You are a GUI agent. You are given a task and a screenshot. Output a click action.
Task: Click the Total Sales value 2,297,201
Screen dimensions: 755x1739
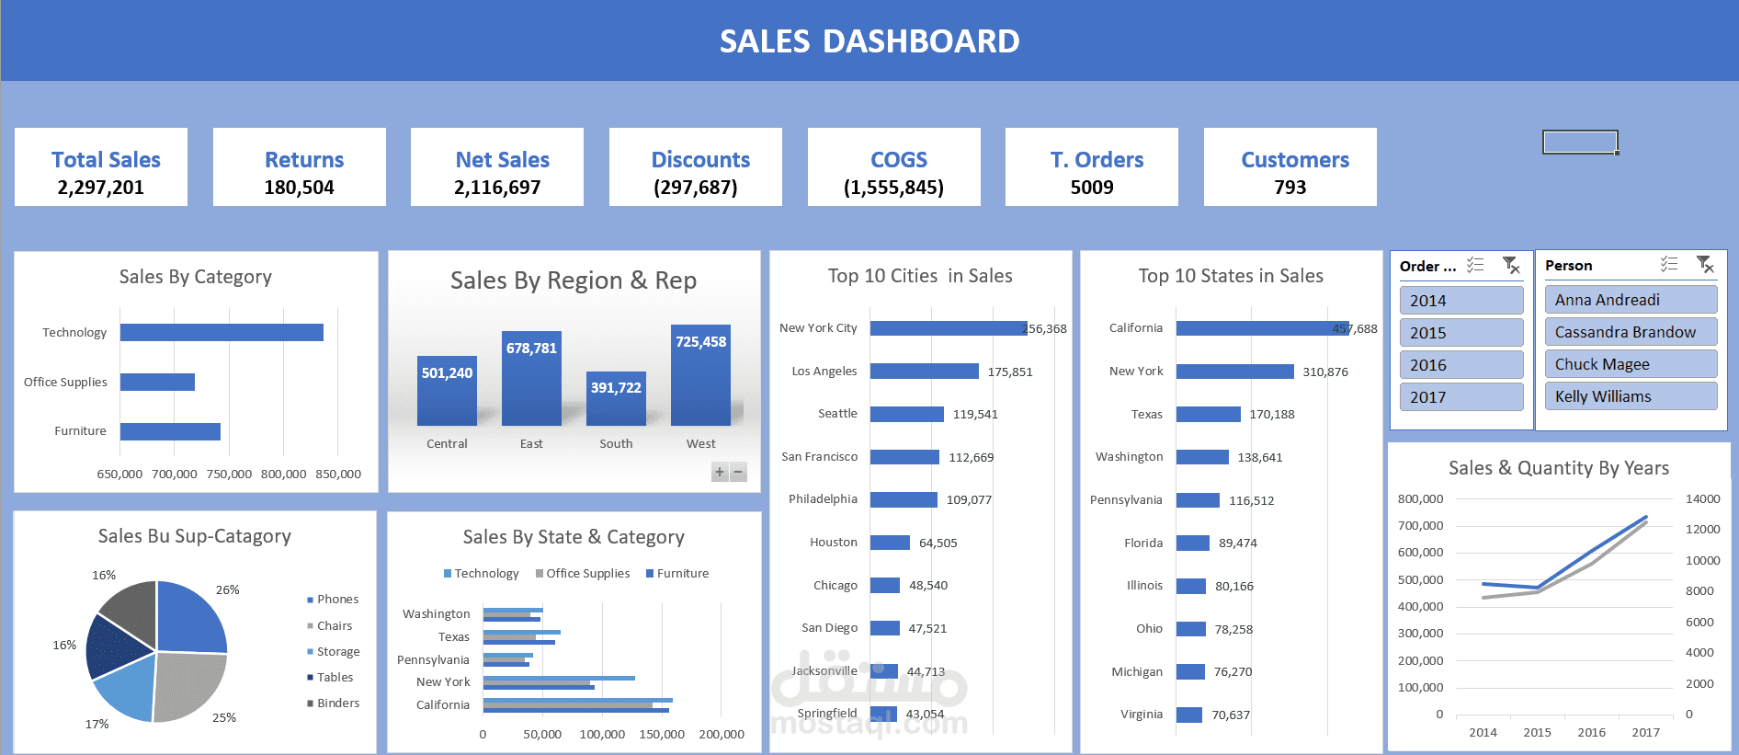click(x=101, y=188)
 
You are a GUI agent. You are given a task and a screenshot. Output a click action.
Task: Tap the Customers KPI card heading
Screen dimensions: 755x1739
click(x=1294, y=160)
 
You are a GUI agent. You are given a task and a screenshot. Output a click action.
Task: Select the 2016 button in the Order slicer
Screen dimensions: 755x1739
click(x=1461, y=365)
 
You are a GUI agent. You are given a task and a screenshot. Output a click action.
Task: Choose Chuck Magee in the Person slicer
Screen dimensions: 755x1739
click(x=1630, y=364)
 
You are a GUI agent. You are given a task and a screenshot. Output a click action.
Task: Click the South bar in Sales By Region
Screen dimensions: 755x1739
click(x=616, y=399)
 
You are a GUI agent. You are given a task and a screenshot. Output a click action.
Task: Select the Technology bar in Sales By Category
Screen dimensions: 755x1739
click(x=222, y=332)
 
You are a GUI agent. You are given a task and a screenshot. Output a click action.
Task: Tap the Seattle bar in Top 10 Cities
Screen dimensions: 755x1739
click(x=906, y=414)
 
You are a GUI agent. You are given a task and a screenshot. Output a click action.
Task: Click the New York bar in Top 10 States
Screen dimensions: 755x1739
click(x=1234, y=372)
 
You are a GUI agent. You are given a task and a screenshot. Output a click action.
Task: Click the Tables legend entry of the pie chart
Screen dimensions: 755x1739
click(x=335, y=677)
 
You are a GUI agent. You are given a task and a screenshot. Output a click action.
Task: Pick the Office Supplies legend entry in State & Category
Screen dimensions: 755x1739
click(x=587, y=573)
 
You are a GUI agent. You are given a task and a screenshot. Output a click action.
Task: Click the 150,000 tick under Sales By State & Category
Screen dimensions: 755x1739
click(x=662, y=734)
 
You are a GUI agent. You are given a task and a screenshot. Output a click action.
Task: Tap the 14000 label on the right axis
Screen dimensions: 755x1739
click(x=1702, y=498)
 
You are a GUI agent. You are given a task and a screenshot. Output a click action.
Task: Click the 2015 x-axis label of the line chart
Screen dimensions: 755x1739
click(x=1537, y=732)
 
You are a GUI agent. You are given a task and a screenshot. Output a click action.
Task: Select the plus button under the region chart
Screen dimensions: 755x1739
click(x=720, y=472)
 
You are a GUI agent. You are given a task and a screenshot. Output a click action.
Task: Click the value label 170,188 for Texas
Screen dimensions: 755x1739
click(x=1271, y=414)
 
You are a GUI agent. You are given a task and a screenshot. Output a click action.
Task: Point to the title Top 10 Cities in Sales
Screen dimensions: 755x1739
click(x=920, y=276)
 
